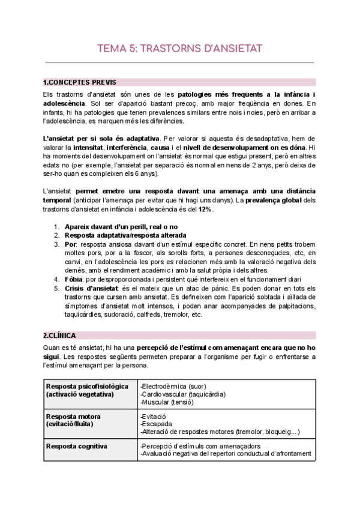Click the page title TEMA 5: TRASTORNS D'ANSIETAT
pos(180,49)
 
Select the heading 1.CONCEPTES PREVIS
pos(80,82)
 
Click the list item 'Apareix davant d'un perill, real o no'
pos(120,226)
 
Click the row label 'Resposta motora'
pos(73,416)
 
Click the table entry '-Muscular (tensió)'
pos(165,403)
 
